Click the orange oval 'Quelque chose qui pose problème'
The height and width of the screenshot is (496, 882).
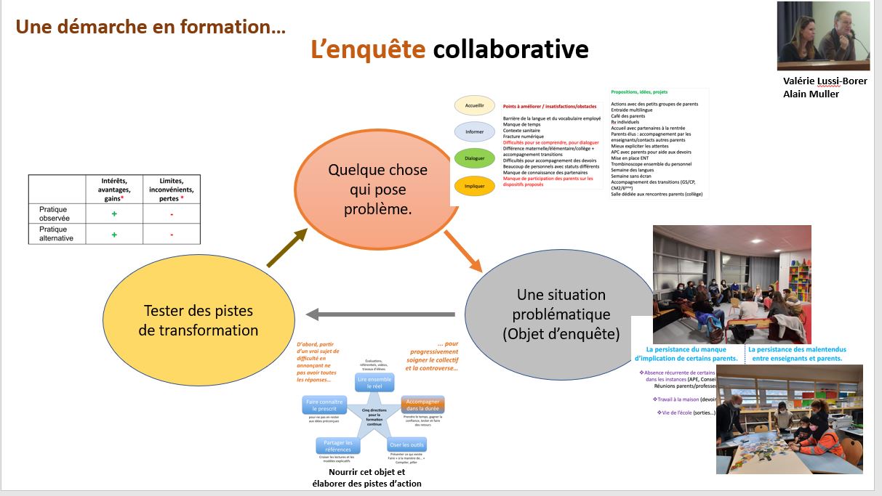point(377,189)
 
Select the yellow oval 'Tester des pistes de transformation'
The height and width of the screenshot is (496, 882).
point(198,320)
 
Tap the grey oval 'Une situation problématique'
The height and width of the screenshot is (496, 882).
point(550,314)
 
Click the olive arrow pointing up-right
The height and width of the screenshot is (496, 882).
point(286,247)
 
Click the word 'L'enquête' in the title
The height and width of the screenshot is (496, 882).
point(368,49)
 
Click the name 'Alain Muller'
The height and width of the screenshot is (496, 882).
point(811,94)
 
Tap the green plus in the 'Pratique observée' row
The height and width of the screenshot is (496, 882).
point(114,214)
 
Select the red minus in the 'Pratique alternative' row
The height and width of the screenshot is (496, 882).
point(172,235)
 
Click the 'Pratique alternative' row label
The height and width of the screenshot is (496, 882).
point(57,235)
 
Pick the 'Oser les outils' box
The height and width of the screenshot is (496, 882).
point(407,444)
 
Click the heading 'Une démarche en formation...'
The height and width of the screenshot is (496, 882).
point(151,28)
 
